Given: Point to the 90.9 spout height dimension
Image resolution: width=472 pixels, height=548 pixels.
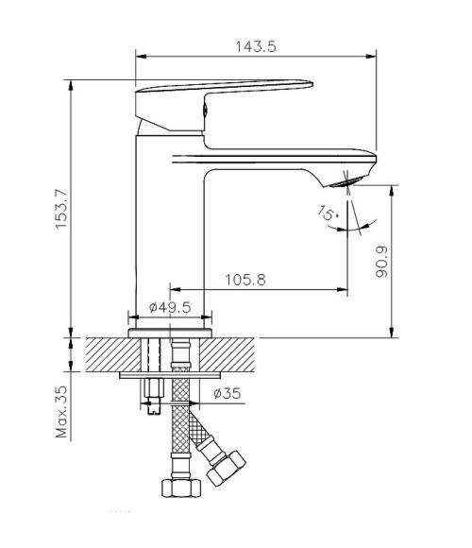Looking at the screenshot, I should pyautogui.click(x=381, y=261).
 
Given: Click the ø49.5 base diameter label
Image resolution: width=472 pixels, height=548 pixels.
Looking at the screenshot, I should pyautogui.click(x=171, y=307).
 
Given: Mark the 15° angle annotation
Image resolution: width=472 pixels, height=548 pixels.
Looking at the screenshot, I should pyautogui.click(x=329, y=215).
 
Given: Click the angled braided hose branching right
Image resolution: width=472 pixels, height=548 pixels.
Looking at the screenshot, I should pyautogui.click(x=202, y=431).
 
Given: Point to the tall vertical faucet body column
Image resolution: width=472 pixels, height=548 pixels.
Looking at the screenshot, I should pyautogui.click(x=170, y=227).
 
